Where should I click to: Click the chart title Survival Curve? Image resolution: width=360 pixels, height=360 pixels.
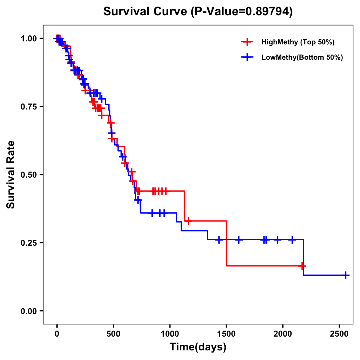pos(198,11)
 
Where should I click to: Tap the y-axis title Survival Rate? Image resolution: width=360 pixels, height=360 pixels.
pos(11,175)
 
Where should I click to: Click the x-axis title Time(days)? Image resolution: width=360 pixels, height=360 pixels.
pos(198,347)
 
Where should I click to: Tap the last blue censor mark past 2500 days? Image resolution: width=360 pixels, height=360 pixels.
pos(346,275)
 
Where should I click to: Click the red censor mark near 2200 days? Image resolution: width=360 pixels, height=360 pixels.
pos(302,266)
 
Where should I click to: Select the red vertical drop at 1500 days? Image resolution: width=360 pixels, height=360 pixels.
pos(226,243)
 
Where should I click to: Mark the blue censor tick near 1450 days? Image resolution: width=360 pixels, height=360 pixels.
pos(219,240)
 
